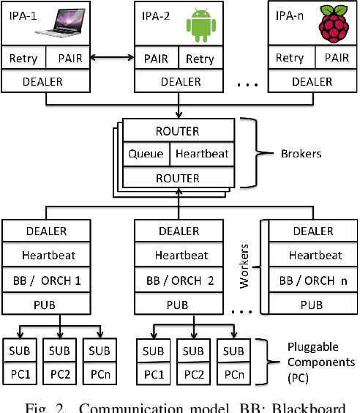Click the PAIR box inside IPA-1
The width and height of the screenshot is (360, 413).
(x=67, y=58)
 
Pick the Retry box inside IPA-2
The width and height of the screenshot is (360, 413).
(x=200, y=58)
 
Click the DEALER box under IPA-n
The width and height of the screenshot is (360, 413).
(x=312, y=81)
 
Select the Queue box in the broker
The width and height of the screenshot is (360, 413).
(x=146, y=155)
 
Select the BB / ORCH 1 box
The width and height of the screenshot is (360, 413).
(x=45, y=280)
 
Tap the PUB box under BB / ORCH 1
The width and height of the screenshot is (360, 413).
(x=45, y=304)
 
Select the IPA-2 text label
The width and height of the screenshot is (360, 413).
(x=155, y=14)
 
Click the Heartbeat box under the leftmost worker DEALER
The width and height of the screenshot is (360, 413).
(x=45, y=256)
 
